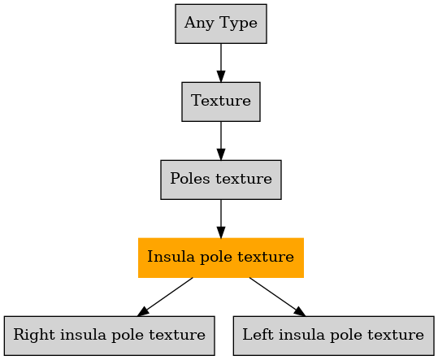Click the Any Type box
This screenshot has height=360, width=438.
pos(221,24)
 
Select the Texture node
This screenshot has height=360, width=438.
pos(221,102)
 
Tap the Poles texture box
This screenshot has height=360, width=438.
pos(221,180)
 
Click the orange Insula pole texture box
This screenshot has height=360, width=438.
pos(221,258)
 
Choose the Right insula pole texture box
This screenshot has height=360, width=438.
pos(109,336)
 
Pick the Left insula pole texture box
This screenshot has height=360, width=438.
pos(333,336)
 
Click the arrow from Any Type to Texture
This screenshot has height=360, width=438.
pos(221,63)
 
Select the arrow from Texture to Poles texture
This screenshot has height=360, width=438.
pos(221,141)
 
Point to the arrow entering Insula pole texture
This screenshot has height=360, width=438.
pos(221,219)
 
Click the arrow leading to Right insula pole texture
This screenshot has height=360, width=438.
pos(165,297)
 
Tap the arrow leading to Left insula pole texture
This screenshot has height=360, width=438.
pos(277,297)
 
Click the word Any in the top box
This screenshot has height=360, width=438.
pos(199,24)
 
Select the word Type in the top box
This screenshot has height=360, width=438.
pos(238,24)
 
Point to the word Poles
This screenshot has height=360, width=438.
pos(189,179)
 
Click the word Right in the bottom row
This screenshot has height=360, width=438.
pos(34,335)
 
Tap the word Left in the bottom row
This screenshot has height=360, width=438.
pos(258,334)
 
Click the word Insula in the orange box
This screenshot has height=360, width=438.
pos(171,256)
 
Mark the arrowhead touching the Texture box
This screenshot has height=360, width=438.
pos(221,76)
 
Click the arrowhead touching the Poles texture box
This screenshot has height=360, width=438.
pos(221,154)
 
